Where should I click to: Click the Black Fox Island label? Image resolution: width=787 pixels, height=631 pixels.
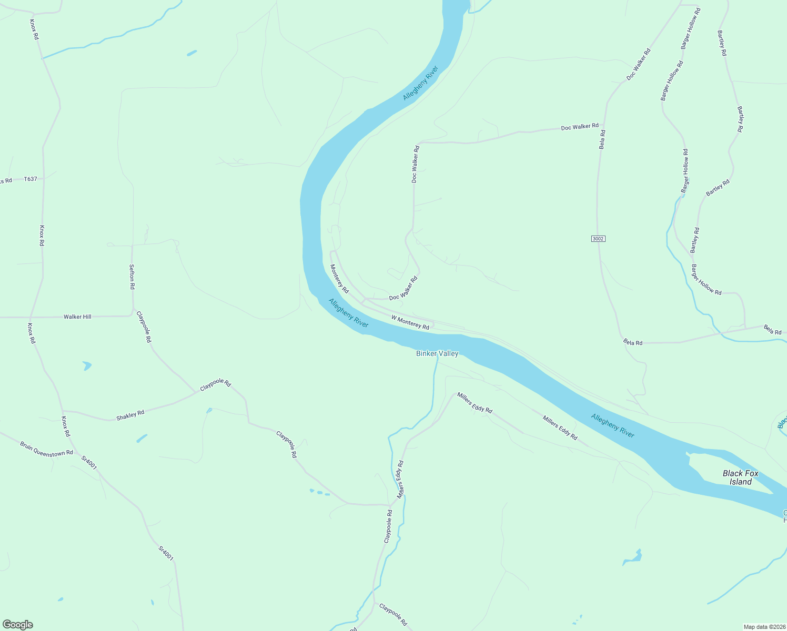pyautogui.click(x=740, y=477)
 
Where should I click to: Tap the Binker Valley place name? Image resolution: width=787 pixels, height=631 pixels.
pyautogui.click(x=437, y=354)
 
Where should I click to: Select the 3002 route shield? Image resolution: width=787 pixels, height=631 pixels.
pyautogui.click(x=598, y=239)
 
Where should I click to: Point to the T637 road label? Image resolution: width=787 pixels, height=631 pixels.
pyautogui.click(x=31, y=179)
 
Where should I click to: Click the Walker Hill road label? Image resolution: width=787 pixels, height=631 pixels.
pyautogui.click(x=77, y=317)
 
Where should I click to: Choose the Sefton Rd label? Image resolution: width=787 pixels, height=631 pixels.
pyautogui.click(x=132, y=277)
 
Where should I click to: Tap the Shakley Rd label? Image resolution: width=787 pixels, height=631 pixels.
pyautogui.click(x=130, y=414)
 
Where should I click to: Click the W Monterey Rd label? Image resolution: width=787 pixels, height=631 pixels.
pyautogui.click(x=410, y=322)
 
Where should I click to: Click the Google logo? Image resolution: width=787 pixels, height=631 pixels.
pyautogui.click(x=18, y=625)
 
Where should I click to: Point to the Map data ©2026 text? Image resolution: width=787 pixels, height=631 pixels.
pyautogui.click(x=764, y=627)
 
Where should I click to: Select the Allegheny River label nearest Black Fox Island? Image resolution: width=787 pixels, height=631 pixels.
pyautogui.click(x=612, y=425)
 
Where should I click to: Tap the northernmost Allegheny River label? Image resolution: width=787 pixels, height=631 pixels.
pyautogui.click(x=420, y=83)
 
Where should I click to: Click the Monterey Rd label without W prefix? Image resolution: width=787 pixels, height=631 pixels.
pyautogui.click(x=339, y=279)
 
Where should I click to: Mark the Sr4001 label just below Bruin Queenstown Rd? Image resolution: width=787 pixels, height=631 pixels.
pyautogui.click(x=89, y=462)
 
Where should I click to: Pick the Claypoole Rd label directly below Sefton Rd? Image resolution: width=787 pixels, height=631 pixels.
pyautogui.click(x=144, y=327)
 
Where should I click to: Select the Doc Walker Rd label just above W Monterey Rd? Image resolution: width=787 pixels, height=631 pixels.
pyautogui.click(x=403, y=289)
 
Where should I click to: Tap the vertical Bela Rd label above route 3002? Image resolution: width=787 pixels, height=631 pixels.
pyautogui.click(x=602, y=139)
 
